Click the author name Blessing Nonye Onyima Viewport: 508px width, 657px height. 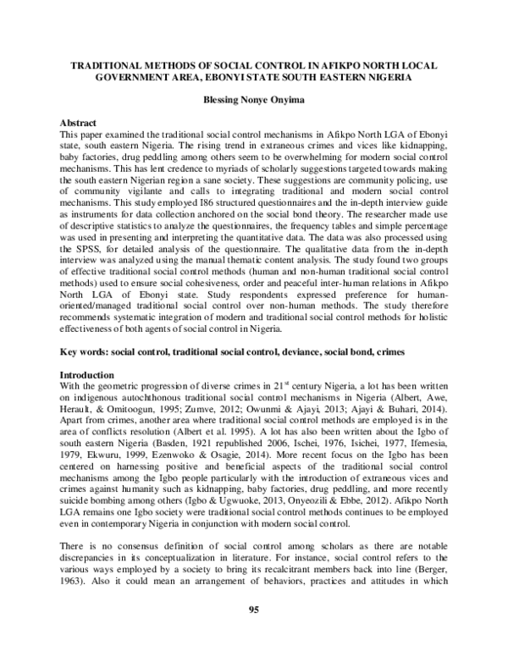[x=254, y=98]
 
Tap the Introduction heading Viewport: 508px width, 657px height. [x=89, y=373]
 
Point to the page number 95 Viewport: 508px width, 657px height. [x=254, y=610]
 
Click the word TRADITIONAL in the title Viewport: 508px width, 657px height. [x=105, y=63]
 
